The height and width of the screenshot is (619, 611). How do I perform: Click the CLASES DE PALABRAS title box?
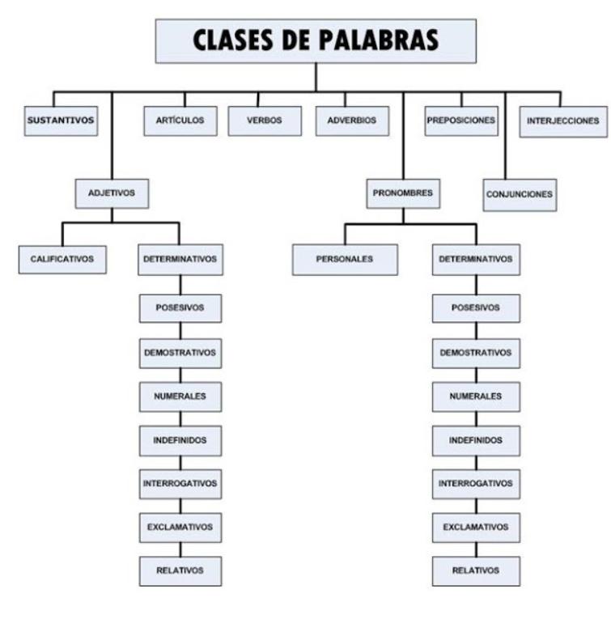pos(315,40)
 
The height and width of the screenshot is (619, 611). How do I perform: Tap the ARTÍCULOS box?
pos(180,121)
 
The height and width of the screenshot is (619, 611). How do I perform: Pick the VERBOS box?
pos(264,121)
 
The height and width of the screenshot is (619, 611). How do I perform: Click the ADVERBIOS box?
pos(352,121)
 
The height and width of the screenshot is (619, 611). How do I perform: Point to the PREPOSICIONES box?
pos(461,121)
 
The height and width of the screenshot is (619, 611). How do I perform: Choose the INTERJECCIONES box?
pos(562,121)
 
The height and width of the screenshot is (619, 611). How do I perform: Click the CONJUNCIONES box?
pos(520,195)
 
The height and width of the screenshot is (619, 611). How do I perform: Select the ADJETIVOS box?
pos(112,193)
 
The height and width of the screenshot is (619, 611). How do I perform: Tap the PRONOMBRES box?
pos(402,193)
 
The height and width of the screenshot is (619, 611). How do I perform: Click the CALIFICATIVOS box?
pos(62,260)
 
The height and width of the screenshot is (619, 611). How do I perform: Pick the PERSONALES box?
pos(345,260)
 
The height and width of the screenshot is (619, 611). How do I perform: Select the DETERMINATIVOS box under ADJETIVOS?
pos(180,260)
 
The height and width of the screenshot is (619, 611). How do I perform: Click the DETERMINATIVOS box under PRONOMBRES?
pos(476,260)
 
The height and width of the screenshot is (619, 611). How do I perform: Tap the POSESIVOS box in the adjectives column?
pos(180,307)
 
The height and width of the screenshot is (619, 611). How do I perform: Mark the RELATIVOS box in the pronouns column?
pos(476,570)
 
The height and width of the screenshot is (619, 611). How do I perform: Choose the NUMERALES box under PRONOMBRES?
pos(476,396)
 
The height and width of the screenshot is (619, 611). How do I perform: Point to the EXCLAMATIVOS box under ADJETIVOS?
pos(180,527)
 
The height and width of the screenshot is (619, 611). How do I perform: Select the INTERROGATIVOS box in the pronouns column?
pos(476,483)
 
